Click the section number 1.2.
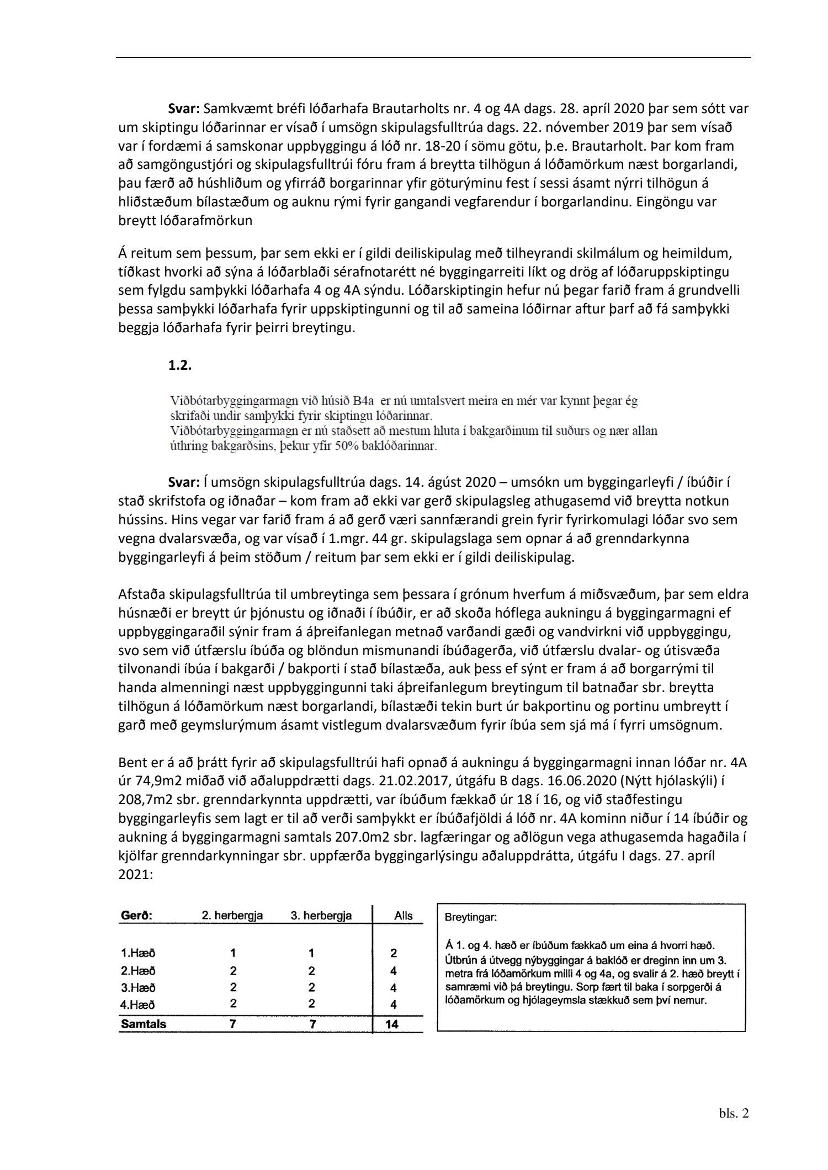point(180,365)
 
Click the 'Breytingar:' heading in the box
point(470,918)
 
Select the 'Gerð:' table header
point(136,916)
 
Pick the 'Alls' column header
point(404,916)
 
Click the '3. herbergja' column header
point(321,916)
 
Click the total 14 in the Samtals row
point(393,1024)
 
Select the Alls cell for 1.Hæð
point(394,953)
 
